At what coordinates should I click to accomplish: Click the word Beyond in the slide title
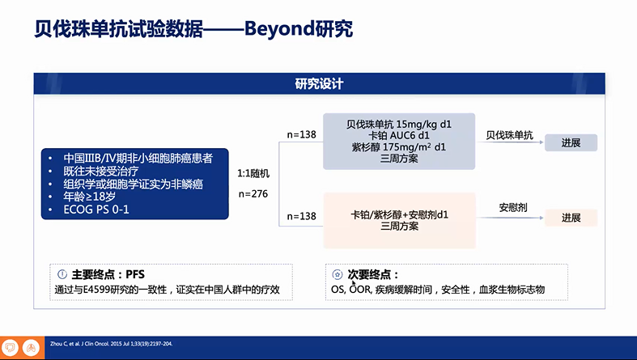279,29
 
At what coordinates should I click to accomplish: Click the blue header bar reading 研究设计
320,83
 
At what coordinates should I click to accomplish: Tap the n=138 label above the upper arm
301,135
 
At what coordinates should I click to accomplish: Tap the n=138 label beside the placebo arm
301,216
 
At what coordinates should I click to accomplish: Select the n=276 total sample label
253,194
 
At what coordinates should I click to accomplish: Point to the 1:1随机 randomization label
253,174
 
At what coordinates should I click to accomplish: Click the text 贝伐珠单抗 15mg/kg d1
399,125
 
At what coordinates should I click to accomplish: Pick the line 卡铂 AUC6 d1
399,136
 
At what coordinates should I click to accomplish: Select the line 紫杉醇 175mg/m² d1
399,147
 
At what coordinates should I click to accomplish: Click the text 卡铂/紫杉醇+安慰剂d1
399,214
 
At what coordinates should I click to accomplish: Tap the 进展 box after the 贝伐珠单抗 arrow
571,143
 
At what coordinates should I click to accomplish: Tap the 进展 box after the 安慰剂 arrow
571,218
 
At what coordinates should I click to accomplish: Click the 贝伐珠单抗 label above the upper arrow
509,135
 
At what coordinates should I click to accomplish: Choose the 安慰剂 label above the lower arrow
513,208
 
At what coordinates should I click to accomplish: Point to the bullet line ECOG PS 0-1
96,210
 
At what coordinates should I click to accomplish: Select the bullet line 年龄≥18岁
89,197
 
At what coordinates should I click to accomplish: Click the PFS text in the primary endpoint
135,275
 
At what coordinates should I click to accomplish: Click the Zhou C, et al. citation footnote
112,344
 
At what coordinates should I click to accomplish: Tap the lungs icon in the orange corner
32,348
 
